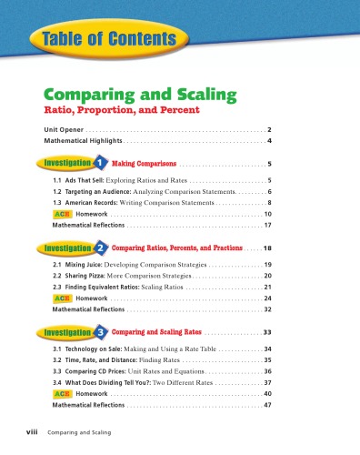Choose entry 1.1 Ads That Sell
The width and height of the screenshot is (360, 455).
(x=118, y=182)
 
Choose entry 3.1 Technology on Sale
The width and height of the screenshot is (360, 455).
(x=136, y=349)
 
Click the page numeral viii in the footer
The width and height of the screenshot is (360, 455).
(x=32, y=434)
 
